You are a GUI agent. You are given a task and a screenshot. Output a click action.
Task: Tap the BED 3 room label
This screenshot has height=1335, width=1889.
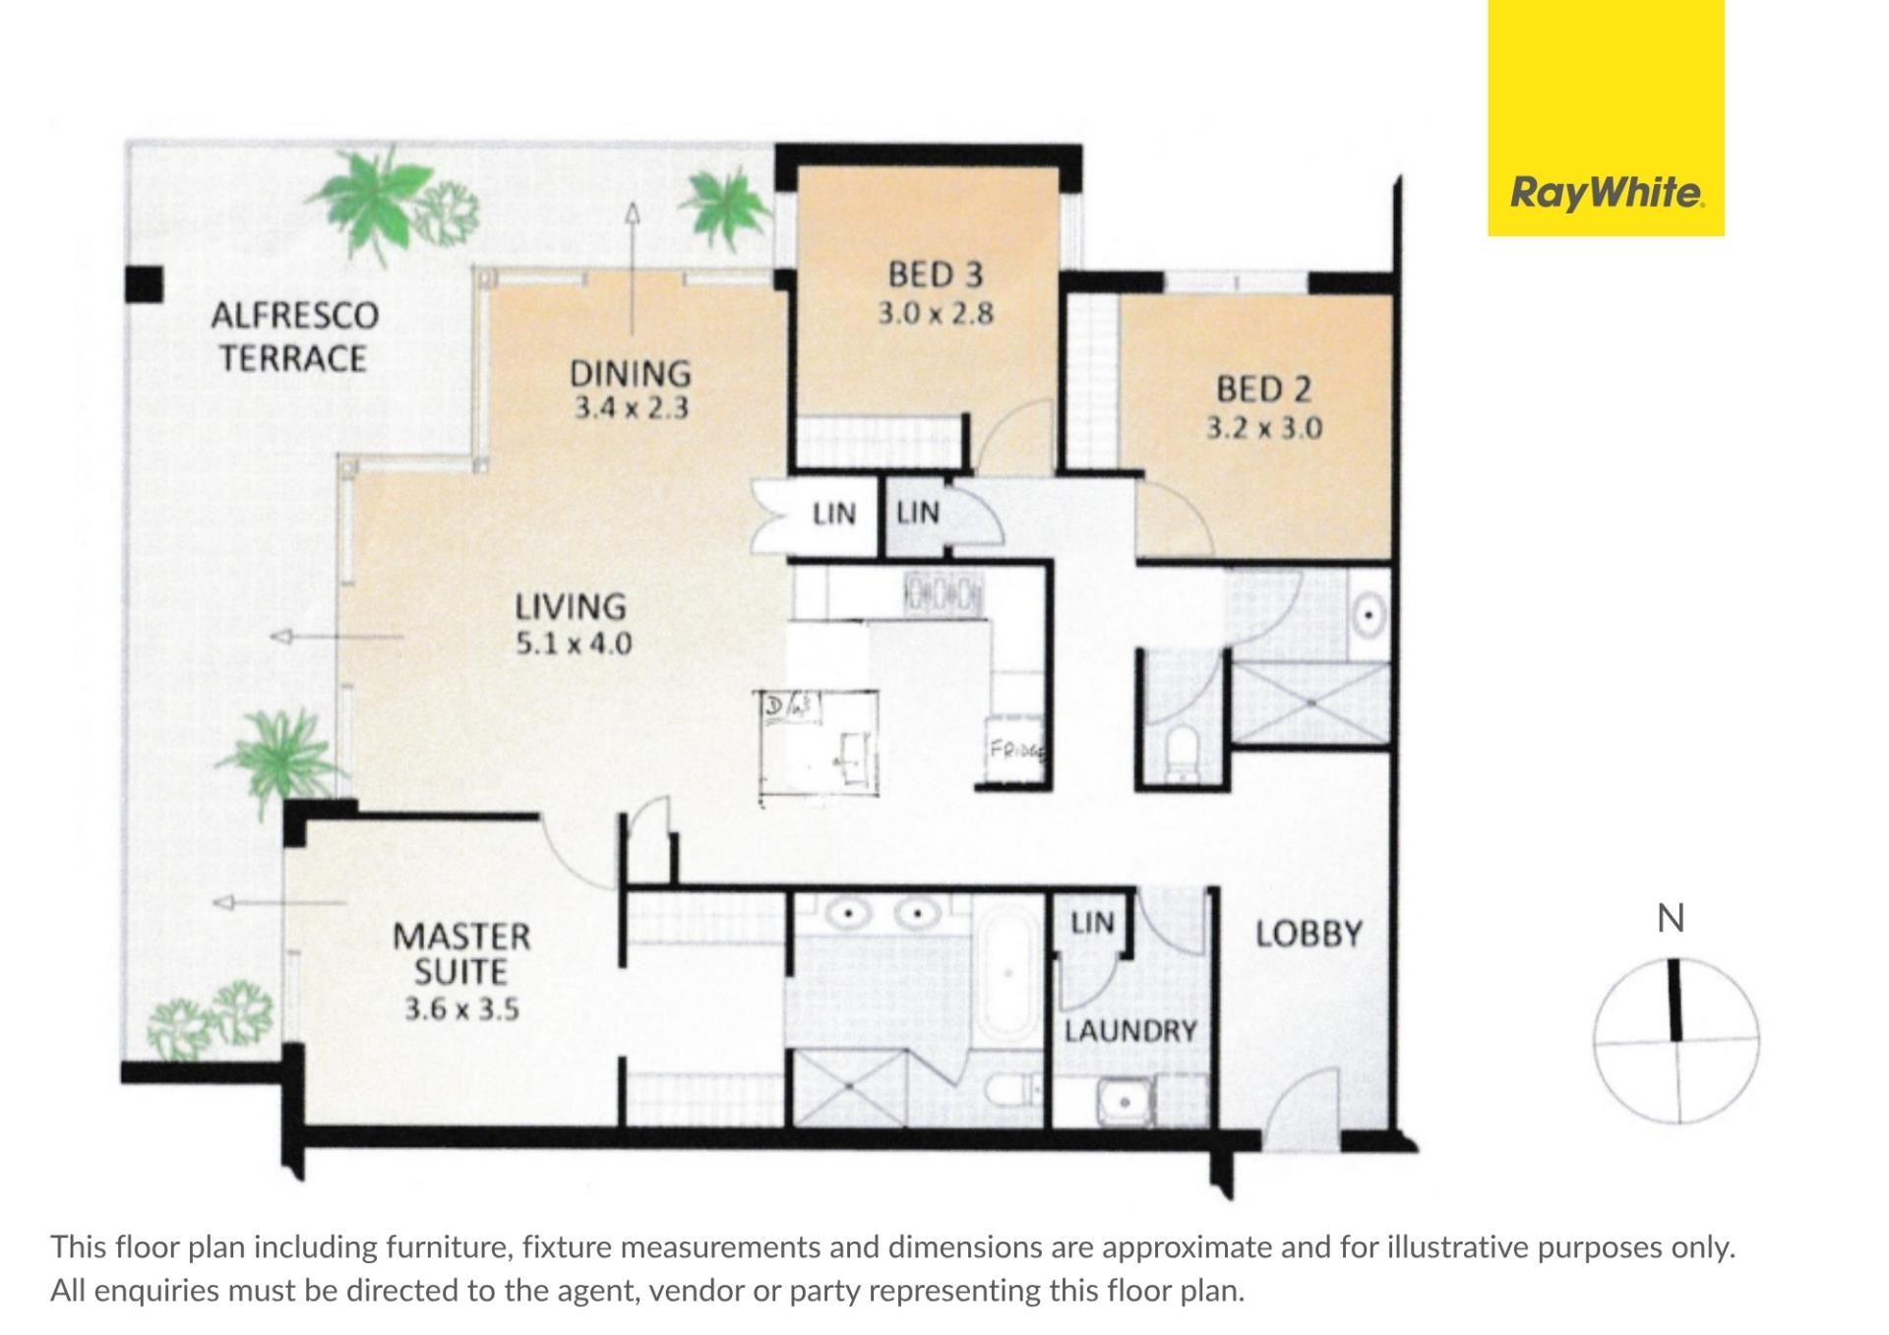pyautogui.click(x=936, y=274)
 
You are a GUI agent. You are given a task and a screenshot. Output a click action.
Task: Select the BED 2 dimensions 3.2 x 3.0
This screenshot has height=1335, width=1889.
pyautogui.click(x=1264, y=429)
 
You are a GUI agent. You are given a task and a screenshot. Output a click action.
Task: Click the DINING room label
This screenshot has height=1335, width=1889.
pyautogui.click(x=631, y=374)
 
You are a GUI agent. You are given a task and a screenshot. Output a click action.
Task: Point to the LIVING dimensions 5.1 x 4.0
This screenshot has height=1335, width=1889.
pyautogui.click(x=574, y=644)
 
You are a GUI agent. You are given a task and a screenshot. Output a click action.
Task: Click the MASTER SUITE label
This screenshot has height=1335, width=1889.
pyautogui.click(x=461, y=953)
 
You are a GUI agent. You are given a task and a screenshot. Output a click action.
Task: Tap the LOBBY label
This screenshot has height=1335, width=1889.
pyautogui.click(x=1309, y=934)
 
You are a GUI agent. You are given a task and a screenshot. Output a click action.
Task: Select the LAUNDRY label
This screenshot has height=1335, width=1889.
pyautogui.click(x=1130, y=1031)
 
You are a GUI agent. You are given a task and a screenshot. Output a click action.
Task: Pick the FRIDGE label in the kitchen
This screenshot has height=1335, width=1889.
pyautogui.click(x=1016, y=749)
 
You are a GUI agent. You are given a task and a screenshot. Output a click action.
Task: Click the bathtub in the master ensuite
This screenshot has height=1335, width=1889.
pyautogui.click(x=1006, y=973)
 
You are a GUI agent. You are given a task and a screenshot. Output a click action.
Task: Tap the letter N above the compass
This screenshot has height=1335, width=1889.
pyautogui.click(x=1671, y=918)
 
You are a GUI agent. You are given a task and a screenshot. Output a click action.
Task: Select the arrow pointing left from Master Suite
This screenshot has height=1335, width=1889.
pyautogui.click(x=280, y=902)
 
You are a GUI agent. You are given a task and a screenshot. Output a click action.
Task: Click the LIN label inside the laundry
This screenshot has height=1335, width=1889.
pyautogui.click(x=1092, y=923)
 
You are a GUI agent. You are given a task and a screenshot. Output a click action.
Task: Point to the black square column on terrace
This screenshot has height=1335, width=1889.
pyautogui.click(x=144, y=284)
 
